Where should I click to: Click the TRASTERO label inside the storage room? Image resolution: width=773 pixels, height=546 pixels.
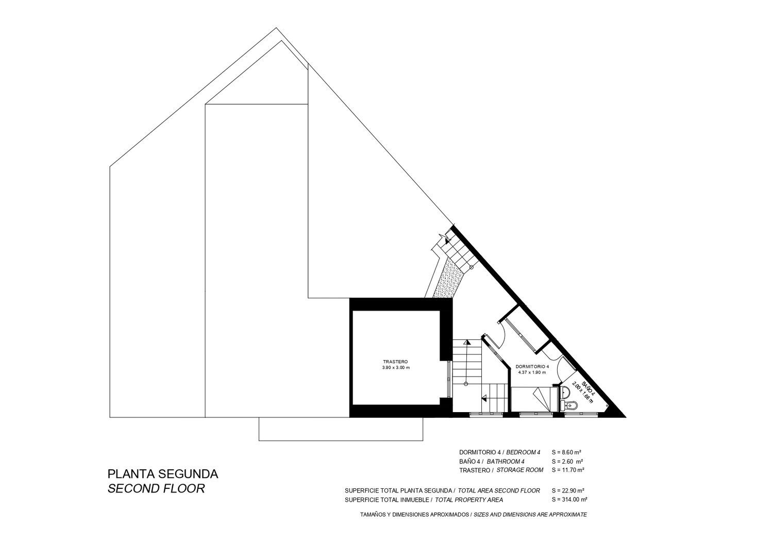(395, 362)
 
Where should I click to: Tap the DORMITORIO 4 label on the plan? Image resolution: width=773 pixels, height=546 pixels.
(532, 366)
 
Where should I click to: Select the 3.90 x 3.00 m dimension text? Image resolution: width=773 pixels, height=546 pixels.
(396, 368)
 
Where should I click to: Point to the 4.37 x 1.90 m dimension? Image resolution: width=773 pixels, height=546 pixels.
(532, 372)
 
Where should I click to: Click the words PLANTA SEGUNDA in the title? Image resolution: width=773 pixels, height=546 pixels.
(163, 474)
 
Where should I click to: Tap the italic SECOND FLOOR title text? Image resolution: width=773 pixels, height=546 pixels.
(156, 489)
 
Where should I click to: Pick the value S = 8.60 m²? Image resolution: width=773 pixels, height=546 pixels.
(567, 452)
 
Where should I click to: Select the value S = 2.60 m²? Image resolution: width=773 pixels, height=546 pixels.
(567, 462)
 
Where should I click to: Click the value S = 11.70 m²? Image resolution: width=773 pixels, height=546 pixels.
(568, 470)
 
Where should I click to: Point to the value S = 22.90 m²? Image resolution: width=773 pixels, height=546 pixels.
(568, 490)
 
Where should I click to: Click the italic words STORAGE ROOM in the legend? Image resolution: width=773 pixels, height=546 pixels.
(520, 470)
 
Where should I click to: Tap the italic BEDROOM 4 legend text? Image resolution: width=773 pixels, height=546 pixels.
(523, 452)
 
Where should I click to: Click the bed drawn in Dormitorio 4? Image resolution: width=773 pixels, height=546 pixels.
(534, 399)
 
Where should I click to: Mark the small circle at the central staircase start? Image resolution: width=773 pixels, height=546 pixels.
(466, 384)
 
